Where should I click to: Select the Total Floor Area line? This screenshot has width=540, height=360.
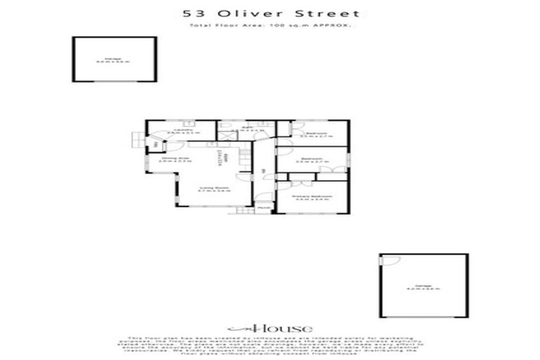click(270, 26)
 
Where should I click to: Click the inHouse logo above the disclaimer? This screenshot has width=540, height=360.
click(270, 328)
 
